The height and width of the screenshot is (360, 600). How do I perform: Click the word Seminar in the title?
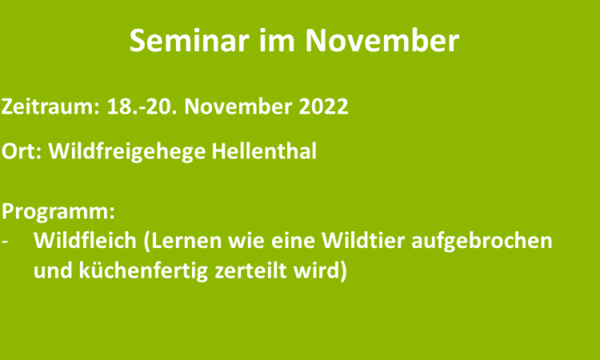pyautogui.click(x=189, y=41)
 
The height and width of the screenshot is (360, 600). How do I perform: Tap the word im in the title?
pyautogui.click(x=277, y=41)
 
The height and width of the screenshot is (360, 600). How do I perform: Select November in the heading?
pyautogui.click(x=382, y=41)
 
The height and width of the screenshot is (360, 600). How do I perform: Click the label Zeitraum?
pyautogui.click(x=50, y=106)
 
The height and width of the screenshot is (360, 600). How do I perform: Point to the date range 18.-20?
pyautogui.click(x=142, y=106)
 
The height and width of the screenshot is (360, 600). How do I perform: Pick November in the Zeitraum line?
pyautogui.click(x=238, y=106)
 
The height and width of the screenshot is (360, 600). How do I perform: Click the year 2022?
pyautogui.click(x=323, y=106)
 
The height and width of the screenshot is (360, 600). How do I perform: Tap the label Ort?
pyautogui.click(x=22, y=150)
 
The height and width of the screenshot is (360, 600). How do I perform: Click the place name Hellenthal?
pyautogui.click(x=264, y=150)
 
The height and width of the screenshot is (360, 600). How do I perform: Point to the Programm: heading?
pyautogui.click(x=58, y=211)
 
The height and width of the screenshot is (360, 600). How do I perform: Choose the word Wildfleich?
pyautogui.click(x=85, y=241)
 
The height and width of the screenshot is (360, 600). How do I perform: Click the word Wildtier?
pyautogui.click(x=362, y=241)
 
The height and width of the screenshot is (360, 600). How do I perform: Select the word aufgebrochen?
pyautogui.click(x=482, y=242)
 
